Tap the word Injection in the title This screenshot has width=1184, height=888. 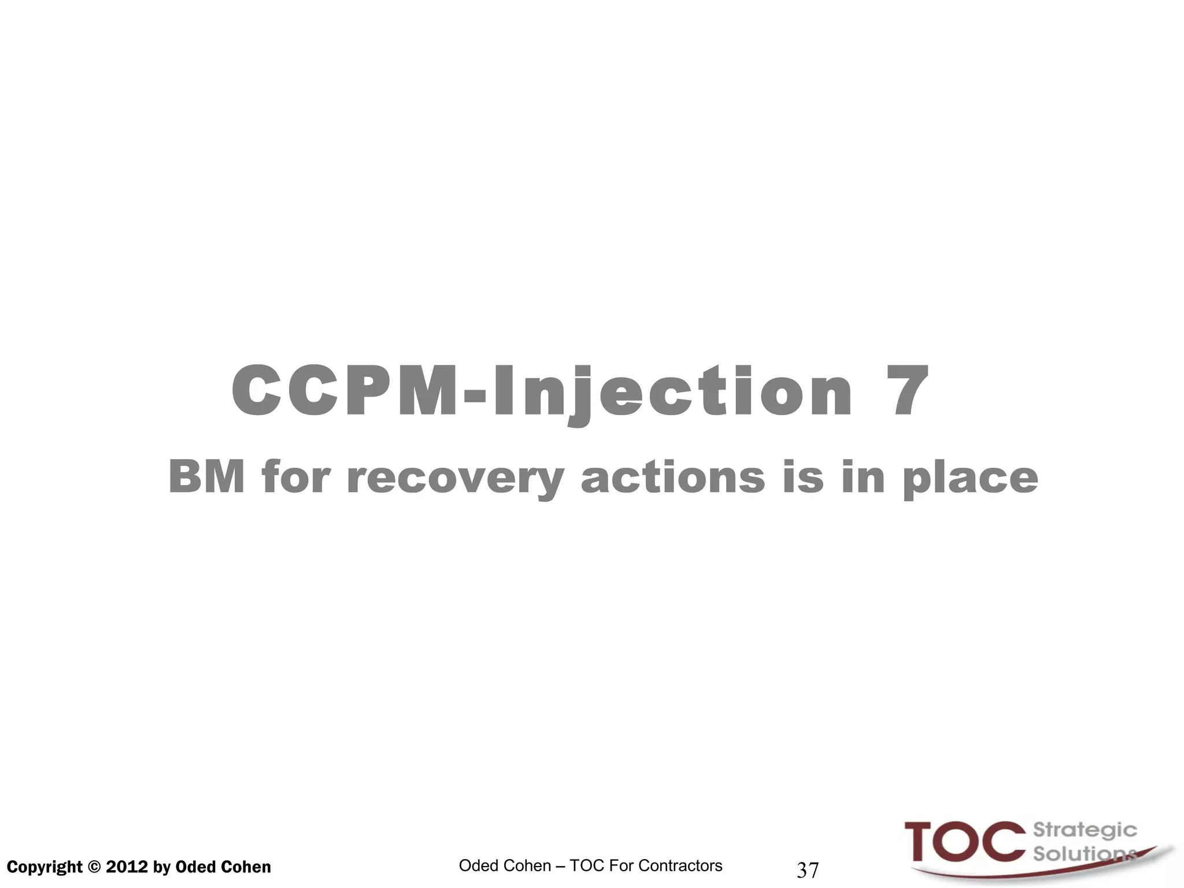pyautogui.click(x=672, y=391)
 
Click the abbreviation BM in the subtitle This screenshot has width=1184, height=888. pyautogui.click(x=206, y=478)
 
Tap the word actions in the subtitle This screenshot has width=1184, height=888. pyautogui.click(x=673, y=478)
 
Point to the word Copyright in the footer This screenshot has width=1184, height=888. pyautogui.click(x=45, y=867)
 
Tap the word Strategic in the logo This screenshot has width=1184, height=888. pyautogui.click(x=1085, y=830)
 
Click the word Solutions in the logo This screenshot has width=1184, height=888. pyautogui.click(x=1081, y=853)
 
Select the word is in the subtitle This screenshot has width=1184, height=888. pyautogui.click(x=802, y=478)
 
